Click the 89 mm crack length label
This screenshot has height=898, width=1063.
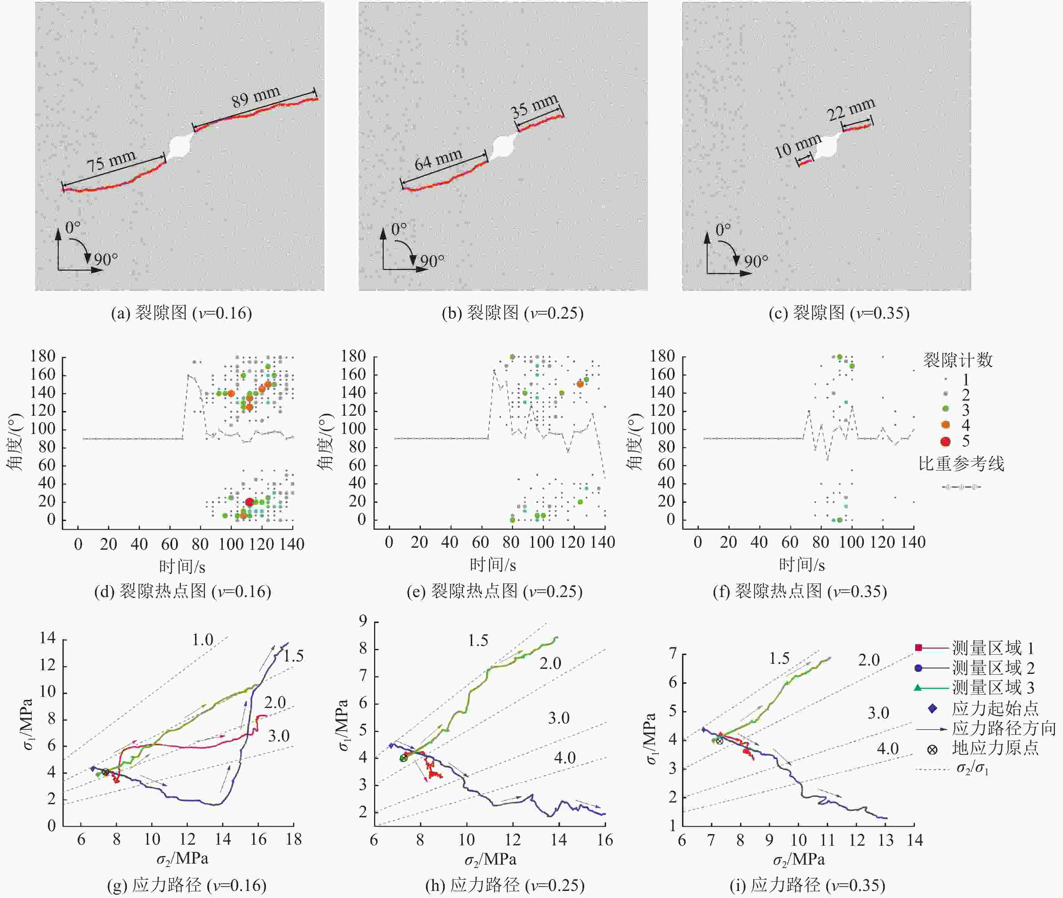(x=256, y=97)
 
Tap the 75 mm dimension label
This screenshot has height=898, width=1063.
(x=111, y=161)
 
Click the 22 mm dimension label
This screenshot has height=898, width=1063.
(x=851, y=109)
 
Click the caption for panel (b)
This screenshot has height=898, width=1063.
(x=513, y=312)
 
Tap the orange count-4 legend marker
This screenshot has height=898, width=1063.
(x=946, y=425)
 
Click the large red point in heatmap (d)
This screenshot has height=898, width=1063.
(x=249, y=502)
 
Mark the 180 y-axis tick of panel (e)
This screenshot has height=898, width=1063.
(x=354, y=356)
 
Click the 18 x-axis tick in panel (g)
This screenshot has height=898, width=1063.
(x=294, y=839)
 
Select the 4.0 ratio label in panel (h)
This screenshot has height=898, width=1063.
(x=565, y=758)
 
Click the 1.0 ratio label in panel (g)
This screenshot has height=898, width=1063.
(x=202, y=640)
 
